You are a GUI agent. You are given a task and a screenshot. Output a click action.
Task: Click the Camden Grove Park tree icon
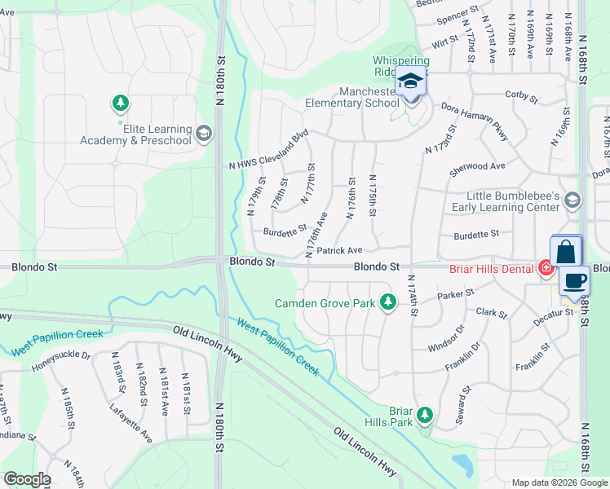click(389, 303)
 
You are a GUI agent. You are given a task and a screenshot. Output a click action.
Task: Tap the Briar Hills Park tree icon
click(424, 416)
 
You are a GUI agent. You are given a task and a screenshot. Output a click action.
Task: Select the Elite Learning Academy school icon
click(204, 133)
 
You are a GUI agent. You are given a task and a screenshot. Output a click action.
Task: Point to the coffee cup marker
click(574, 281)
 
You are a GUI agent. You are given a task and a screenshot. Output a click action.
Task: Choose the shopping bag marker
click(566, 251)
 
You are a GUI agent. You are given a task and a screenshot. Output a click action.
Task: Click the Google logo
click(26, 479)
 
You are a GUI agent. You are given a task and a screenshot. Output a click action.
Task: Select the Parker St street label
click(455, 296)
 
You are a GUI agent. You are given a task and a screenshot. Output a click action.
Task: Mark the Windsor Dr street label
click(446, 343)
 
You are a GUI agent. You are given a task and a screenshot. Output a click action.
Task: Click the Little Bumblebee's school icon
click(572, 200)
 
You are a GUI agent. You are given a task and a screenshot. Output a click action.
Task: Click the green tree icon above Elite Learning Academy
click(121, 103)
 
